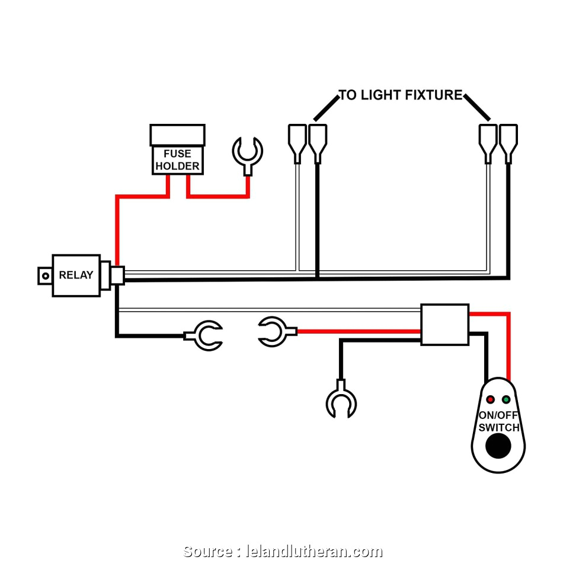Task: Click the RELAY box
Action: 75,275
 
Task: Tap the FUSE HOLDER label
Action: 177,160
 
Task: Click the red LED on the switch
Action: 490,399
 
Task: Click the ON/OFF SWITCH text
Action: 499,421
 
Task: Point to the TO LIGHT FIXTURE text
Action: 400,95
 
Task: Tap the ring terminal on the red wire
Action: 273,332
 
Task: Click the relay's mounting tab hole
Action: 43,276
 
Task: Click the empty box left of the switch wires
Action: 444,324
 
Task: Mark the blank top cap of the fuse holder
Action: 177,135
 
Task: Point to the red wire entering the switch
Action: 508,350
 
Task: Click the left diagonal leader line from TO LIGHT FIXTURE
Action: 325,108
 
